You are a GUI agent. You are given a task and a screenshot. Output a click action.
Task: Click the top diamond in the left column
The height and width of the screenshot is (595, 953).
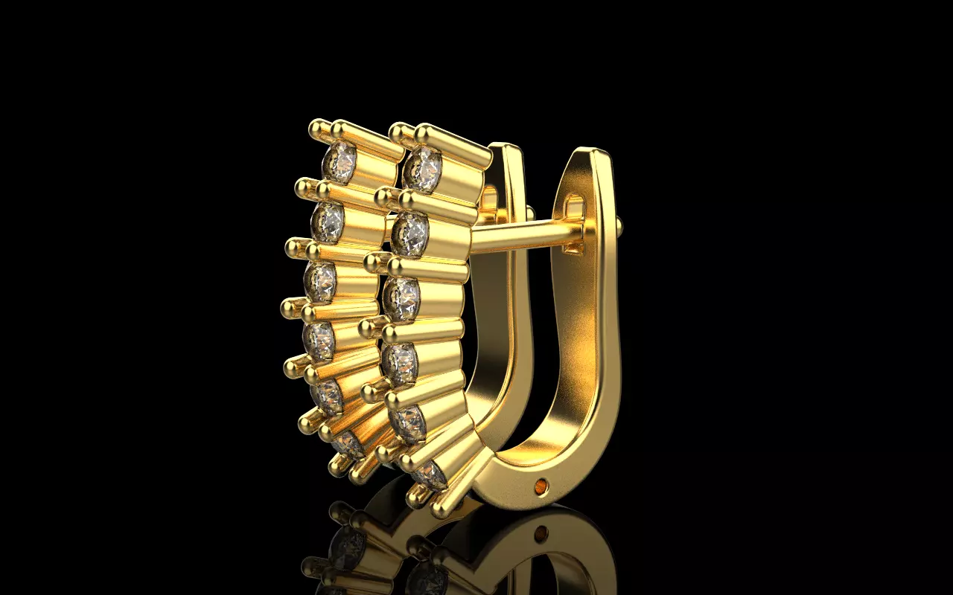pos(340,162)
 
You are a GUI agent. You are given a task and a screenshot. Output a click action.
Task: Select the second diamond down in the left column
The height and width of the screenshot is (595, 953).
pos(328,221)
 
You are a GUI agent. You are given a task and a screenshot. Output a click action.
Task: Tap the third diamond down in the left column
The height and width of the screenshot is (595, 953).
pos(320,282)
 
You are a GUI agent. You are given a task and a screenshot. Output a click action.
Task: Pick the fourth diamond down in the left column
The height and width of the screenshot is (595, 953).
pos(319,340)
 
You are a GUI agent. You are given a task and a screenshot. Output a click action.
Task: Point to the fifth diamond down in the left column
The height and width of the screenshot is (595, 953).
pos(327,396)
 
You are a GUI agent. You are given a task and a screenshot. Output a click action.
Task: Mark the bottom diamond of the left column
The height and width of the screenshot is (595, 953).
pos(347,445)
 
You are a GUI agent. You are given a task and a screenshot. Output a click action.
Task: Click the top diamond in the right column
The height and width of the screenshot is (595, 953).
pos(422,169)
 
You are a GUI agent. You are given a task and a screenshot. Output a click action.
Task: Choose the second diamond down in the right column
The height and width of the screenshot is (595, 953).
pos(410,234)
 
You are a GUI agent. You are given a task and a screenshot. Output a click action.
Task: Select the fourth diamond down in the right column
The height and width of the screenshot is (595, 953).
pos(401,363)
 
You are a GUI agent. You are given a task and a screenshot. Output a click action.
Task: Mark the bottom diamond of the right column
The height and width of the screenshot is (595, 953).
pos(430,474)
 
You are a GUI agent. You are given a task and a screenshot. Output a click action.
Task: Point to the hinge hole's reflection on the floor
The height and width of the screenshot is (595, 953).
pos(541,533)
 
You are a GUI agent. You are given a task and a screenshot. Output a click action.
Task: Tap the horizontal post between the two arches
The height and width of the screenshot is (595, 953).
pos(521,236)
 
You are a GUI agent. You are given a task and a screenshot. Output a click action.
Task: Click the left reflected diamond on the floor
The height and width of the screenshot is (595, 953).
pos(347,548)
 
